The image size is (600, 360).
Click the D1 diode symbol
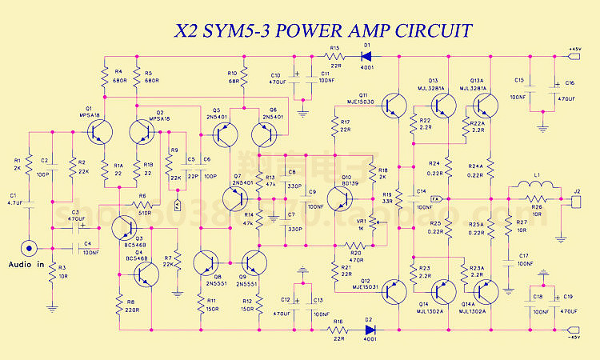[x=367, y=56]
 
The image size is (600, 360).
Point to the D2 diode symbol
[x=368, y=328]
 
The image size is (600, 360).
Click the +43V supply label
[x=574, y=50]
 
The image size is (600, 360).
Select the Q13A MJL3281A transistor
[x=484, y=105]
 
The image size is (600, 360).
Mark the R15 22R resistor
[x=334, y=56]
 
